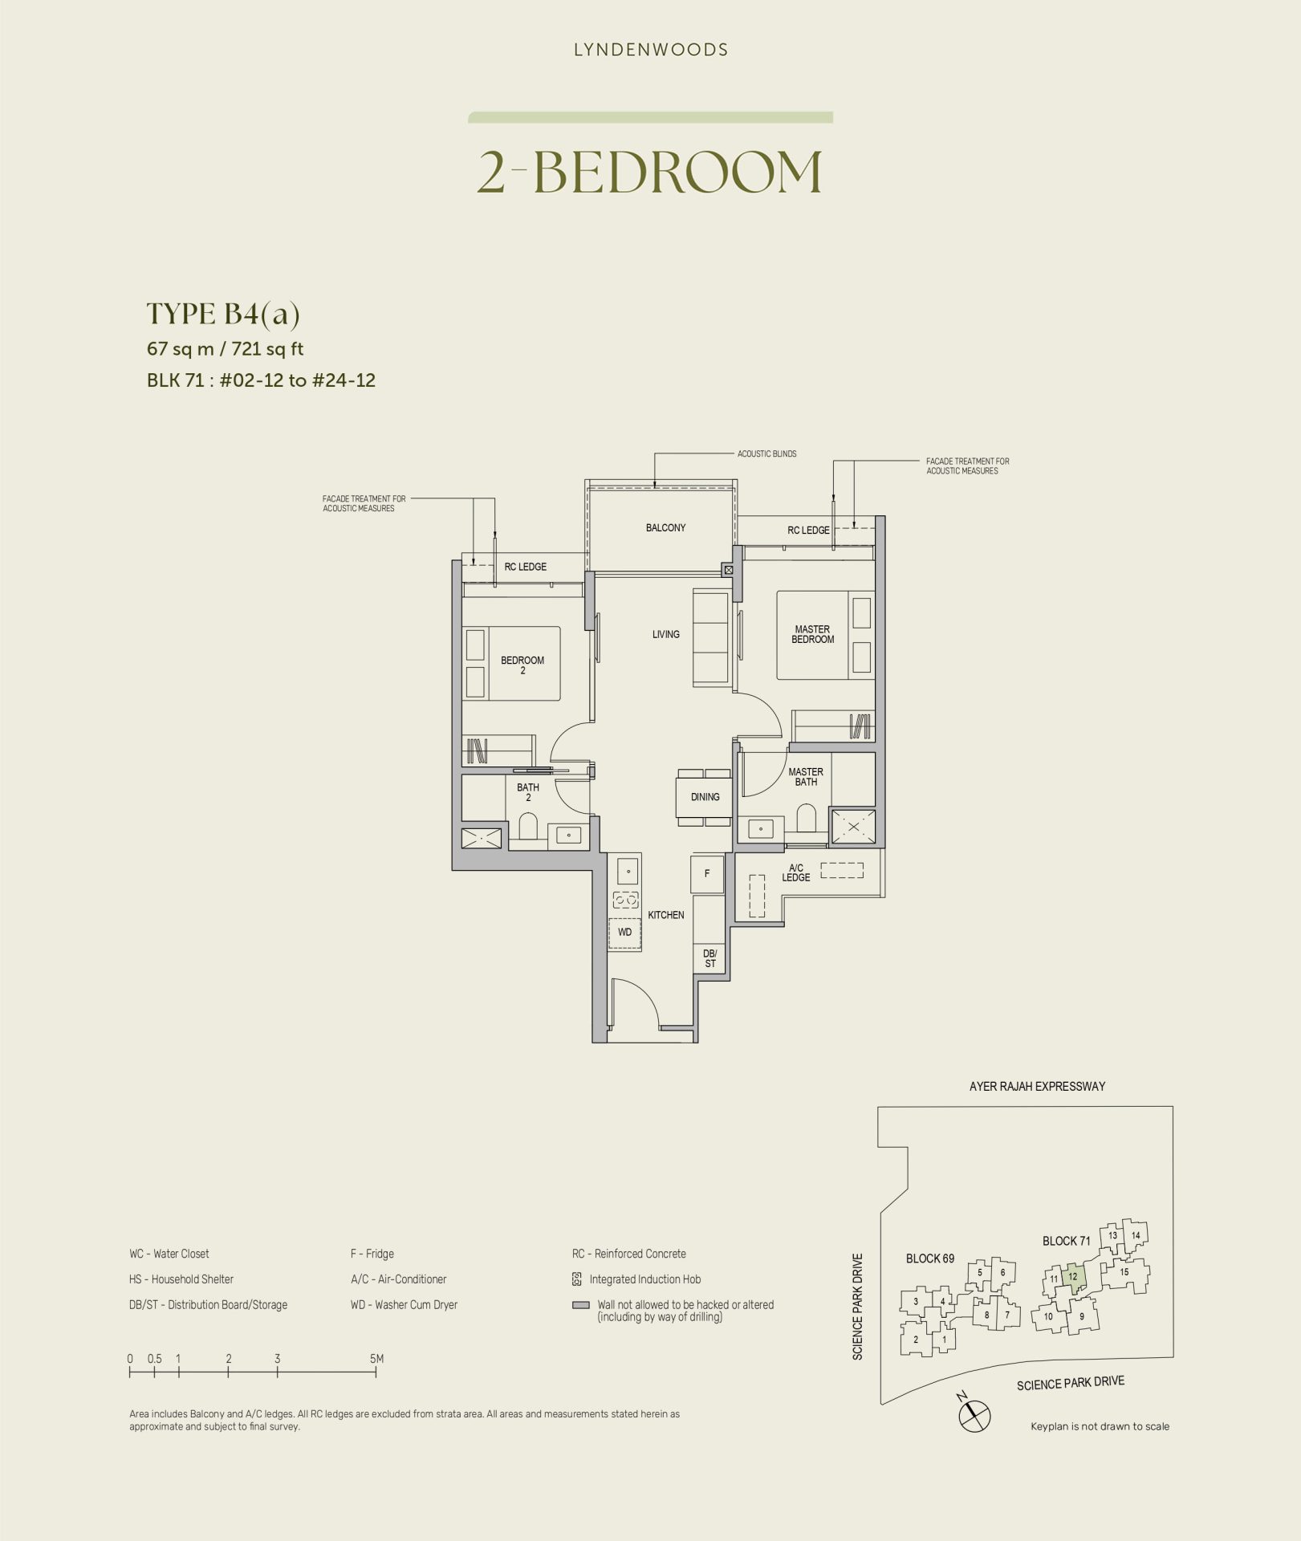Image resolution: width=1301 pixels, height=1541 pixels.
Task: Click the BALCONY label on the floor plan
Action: [665, 527]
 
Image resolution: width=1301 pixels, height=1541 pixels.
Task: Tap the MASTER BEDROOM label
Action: [812, 634]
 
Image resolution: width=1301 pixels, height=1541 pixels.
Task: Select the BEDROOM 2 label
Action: [522, 665]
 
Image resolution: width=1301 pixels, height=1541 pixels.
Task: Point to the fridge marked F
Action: [707, 873]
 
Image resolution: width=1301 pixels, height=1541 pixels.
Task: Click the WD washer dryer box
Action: [625, 933]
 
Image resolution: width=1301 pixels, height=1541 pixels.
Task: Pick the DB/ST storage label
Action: [710, 958]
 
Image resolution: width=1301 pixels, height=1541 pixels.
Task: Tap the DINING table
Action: [704, 797]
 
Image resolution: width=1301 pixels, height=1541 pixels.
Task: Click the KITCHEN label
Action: [666, 915]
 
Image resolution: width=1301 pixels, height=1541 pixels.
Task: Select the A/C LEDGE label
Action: [796, 872]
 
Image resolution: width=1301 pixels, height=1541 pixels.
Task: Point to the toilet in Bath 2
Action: [528, 827]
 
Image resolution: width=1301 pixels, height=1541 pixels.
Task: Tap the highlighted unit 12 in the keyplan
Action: [1074, 1277]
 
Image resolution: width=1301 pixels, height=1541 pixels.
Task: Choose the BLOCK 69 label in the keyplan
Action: [930, 1258]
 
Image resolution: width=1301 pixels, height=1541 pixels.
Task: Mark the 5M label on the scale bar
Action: [376, 1359]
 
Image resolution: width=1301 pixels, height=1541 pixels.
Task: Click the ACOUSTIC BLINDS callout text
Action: [767, 453]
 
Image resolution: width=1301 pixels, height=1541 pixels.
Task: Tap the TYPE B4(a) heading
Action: [223, 315]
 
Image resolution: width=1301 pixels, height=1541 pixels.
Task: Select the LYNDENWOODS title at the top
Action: [651, 50]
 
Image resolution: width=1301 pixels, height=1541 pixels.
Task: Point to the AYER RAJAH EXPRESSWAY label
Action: [1038, 1086]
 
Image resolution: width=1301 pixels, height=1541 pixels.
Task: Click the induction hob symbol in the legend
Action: [576, 1279]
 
